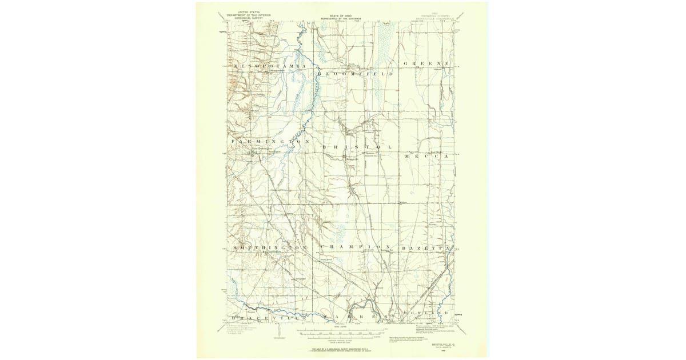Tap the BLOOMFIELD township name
(356, 74)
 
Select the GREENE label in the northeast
(428, 63)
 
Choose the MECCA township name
(428, 156)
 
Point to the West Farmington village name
(254, 150)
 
